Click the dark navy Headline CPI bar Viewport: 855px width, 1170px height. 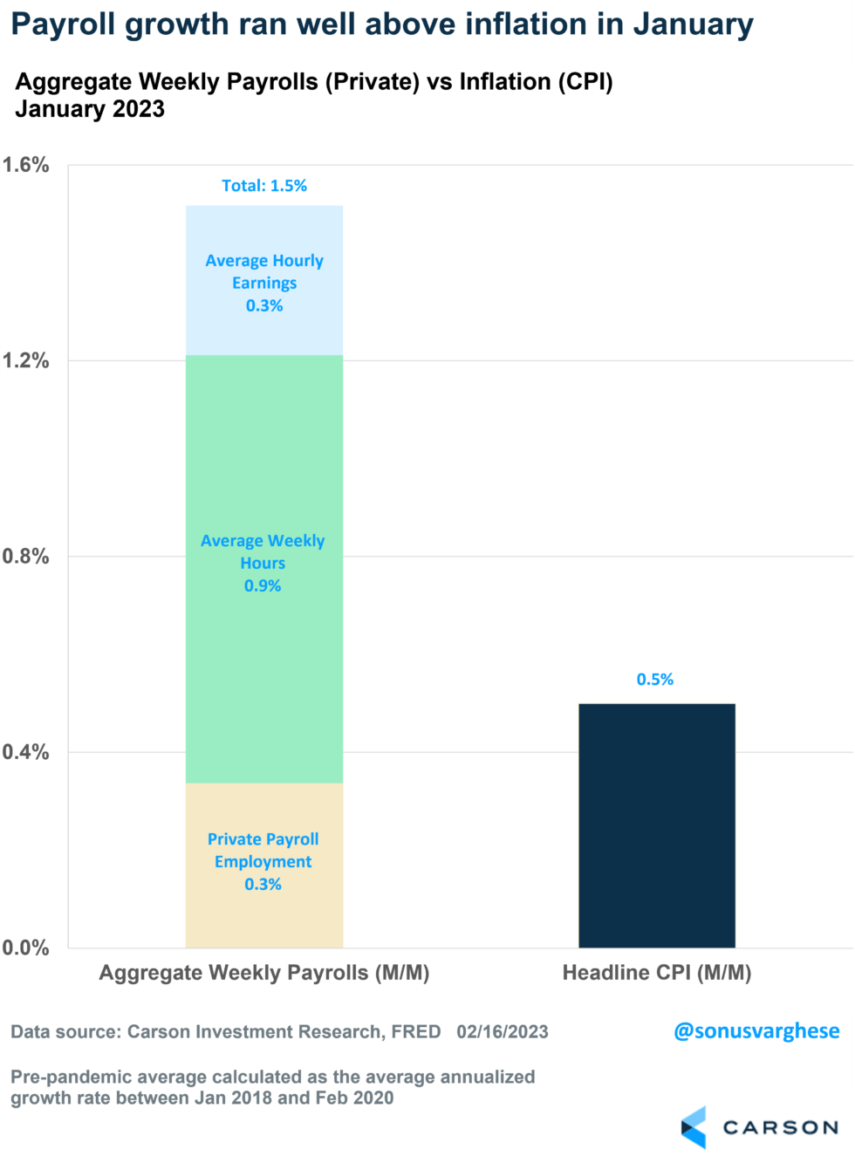656,824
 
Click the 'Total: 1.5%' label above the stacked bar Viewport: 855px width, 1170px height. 263,186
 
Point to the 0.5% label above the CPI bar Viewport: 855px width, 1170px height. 654,680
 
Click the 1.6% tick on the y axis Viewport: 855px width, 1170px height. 25,165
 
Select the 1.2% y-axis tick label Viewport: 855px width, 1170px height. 25,360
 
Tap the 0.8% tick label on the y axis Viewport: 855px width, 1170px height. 25,556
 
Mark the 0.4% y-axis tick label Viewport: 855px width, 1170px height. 25,751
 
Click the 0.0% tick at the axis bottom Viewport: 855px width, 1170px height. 25,948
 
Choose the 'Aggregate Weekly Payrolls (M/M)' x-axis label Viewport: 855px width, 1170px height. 263,973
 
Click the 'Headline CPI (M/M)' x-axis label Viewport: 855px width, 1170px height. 656,973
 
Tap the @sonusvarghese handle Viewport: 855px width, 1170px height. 756,1031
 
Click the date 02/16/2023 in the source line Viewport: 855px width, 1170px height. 502,1032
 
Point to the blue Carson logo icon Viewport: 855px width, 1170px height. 694,1127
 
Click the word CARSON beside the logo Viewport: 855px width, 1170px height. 780,1128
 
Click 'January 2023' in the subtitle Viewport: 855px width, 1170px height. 90,109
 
